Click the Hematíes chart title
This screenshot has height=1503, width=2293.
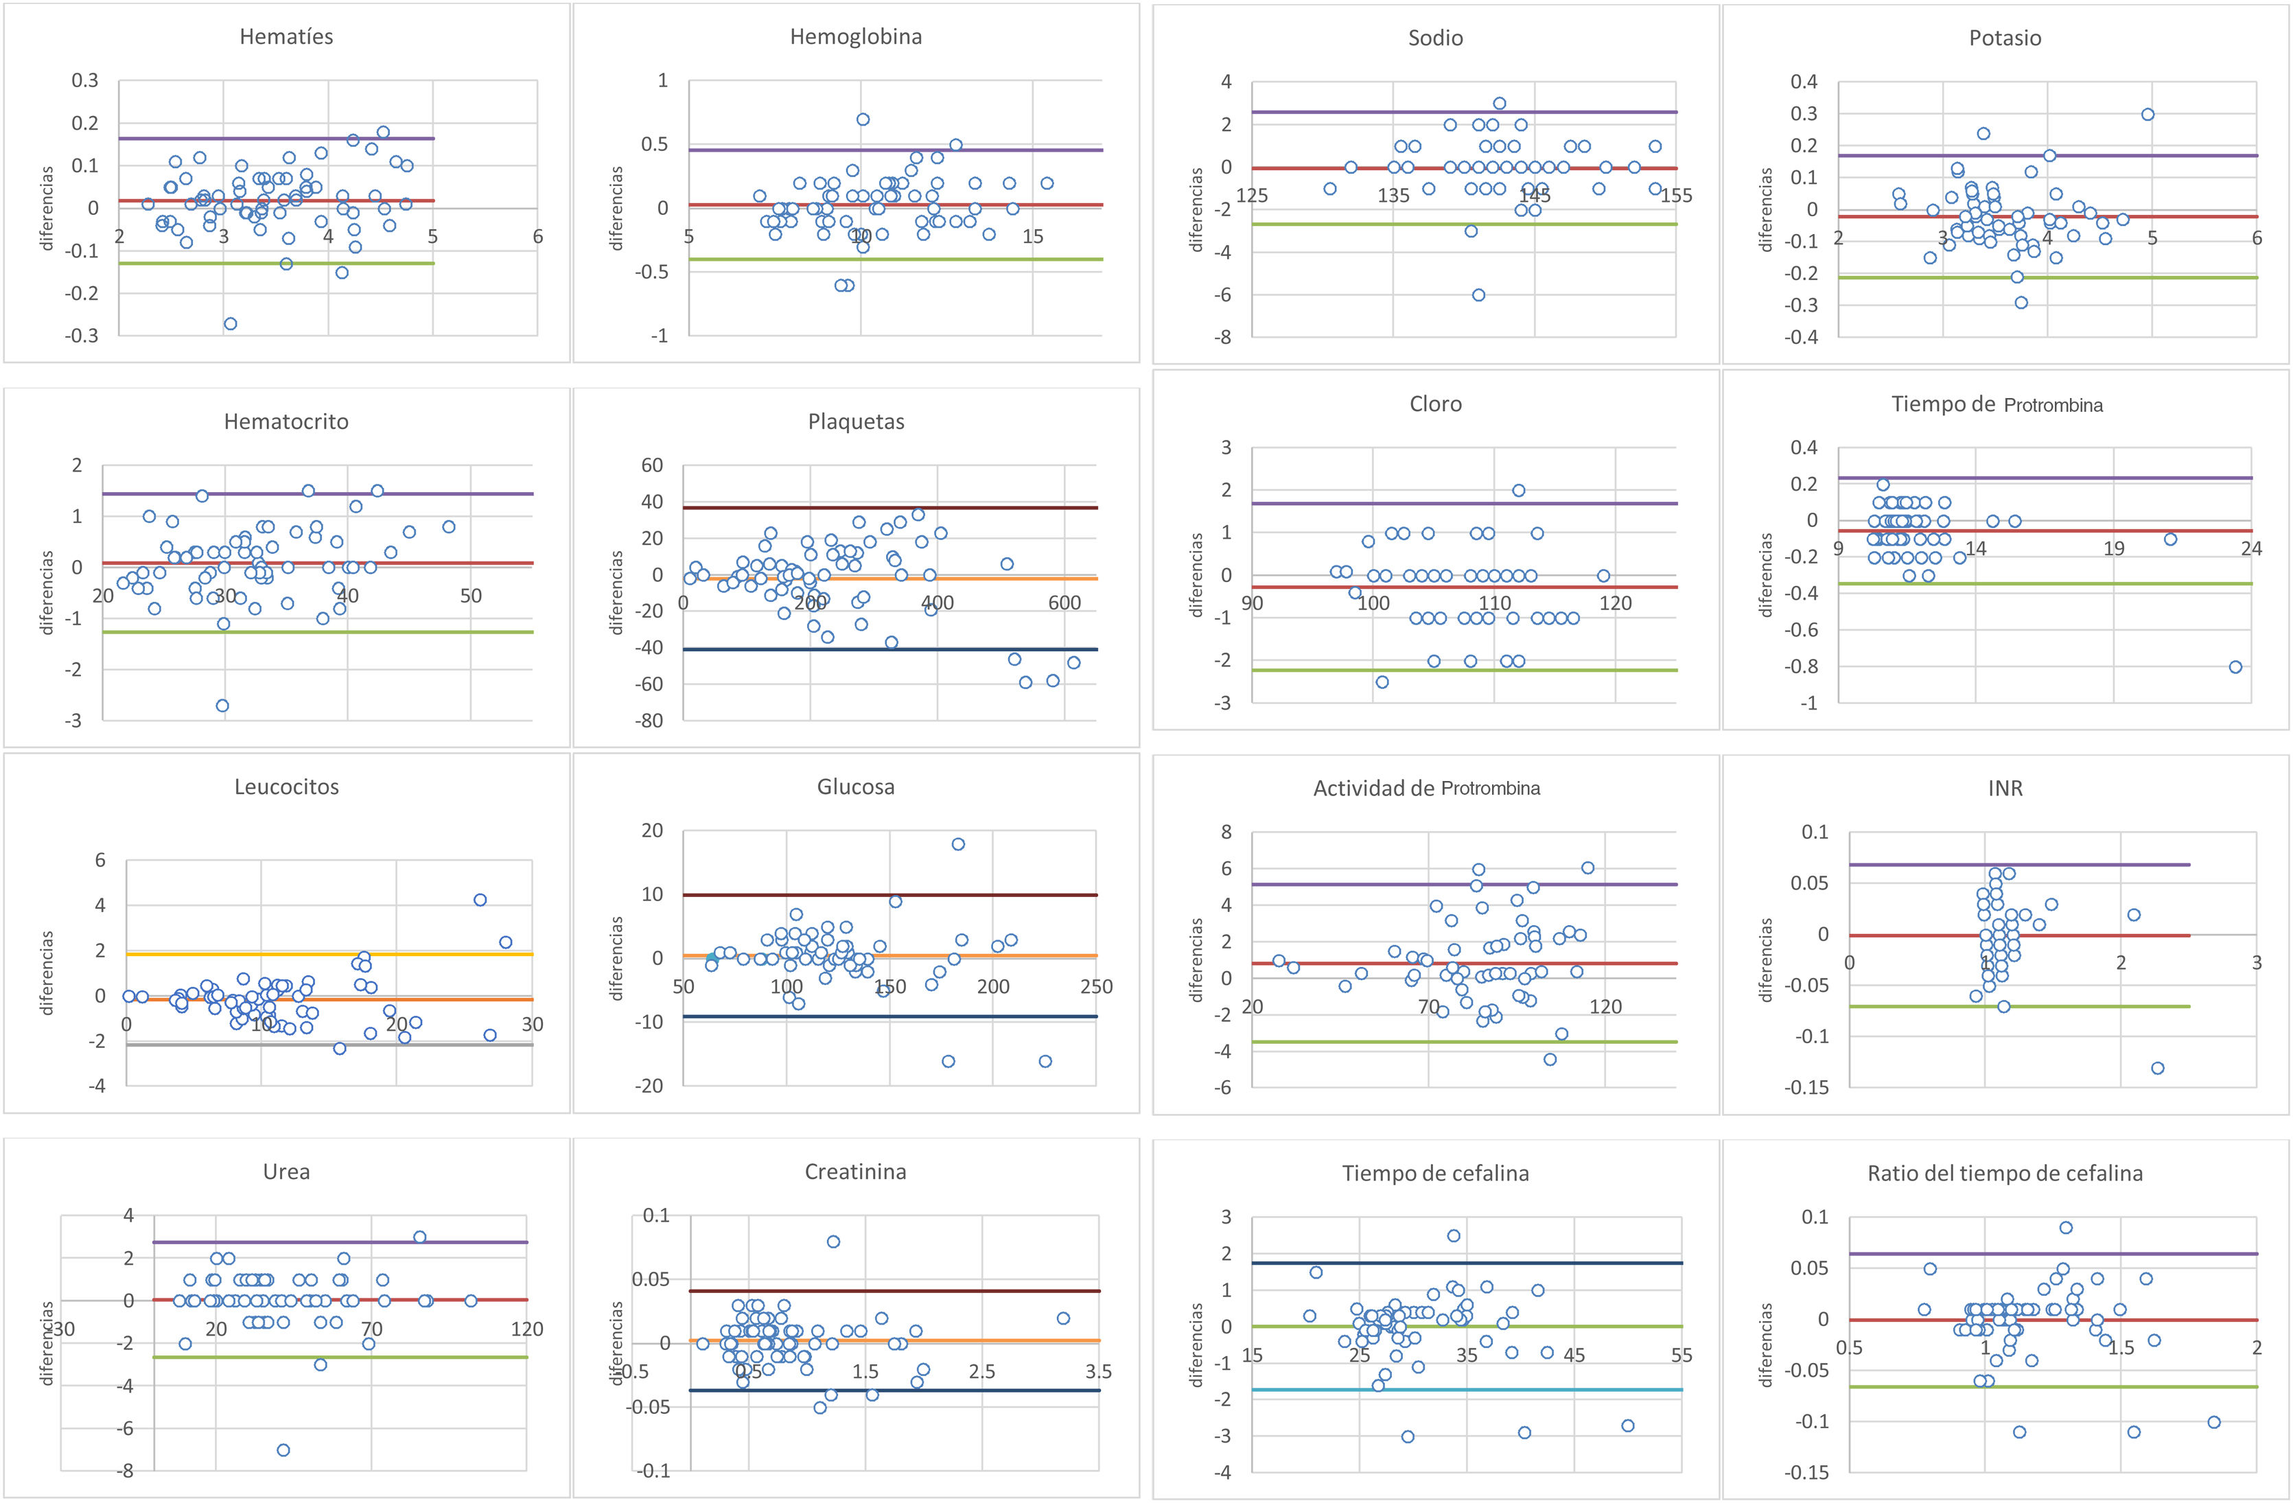tap(286, 36)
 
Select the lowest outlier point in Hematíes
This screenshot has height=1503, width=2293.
tap(231, 324)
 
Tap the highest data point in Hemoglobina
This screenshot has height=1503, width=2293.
tap(863, 119)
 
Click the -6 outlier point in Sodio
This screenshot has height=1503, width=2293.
tap(1478, 295)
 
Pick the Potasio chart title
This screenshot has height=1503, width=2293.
tap(2005, 38)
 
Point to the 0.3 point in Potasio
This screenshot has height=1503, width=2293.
tap(2147, 114)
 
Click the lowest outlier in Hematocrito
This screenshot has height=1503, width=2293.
tap(222, 706)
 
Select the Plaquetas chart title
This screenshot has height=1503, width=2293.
tap(856, 421)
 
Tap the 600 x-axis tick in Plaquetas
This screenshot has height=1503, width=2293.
tap(1064, 603)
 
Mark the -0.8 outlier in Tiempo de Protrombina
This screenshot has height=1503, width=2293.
tap(2235, 666)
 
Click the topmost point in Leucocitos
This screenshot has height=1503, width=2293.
tap(480, 900)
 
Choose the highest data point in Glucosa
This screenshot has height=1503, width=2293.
tap(957, 844)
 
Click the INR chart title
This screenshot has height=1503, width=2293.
tap(2005, 788)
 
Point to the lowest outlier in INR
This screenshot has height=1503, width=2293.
tap(2157, 1067)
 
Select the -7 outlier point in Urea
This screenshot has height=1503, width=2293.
tap(283, 1450)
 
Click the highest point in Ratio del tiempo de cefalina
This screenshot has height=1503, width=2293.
tap(2066, 1227)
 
